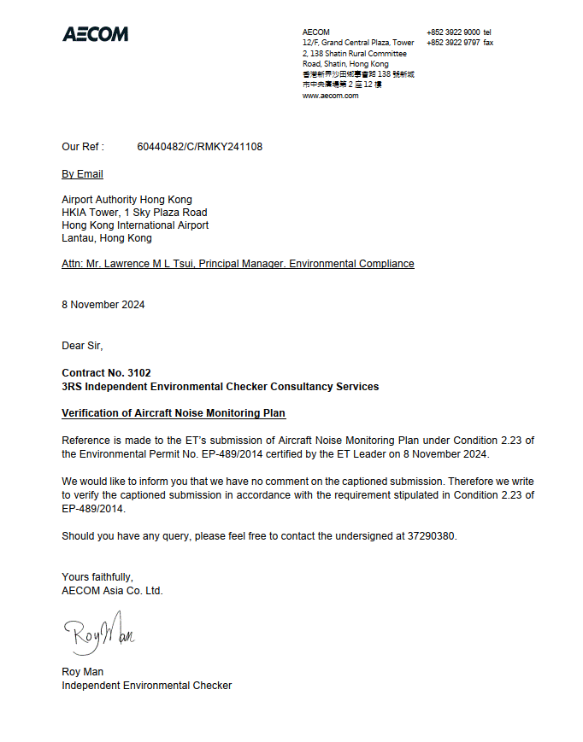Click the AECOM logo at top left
tap(95, 34)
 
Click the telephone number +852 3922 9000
tap(452, 32)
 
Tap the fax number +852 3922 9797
tap(452, 43)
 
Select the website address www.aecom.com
tap(330, 96)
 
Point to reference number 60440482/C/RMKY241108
tap(199, 147)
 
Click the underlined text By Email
tap(82, 174)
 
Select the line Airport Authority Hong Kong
tap(127, 200)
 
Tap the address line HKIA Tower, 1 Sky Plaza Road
tap(134, 213)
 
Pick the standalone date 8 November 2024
tap(103, 305)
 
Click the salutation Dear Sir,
tap(82, 346)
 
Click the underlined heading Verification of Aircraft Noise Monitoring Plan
tap(174, 413)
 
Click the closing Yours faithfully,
tap(97, 577)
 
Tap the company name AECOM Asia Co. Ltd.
tap(112, 590)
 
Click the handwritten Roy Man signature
tap(98, 633)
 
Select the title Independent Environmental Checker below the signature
tap(146, 685)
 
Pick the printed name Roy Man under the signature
tap(82, 672)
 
